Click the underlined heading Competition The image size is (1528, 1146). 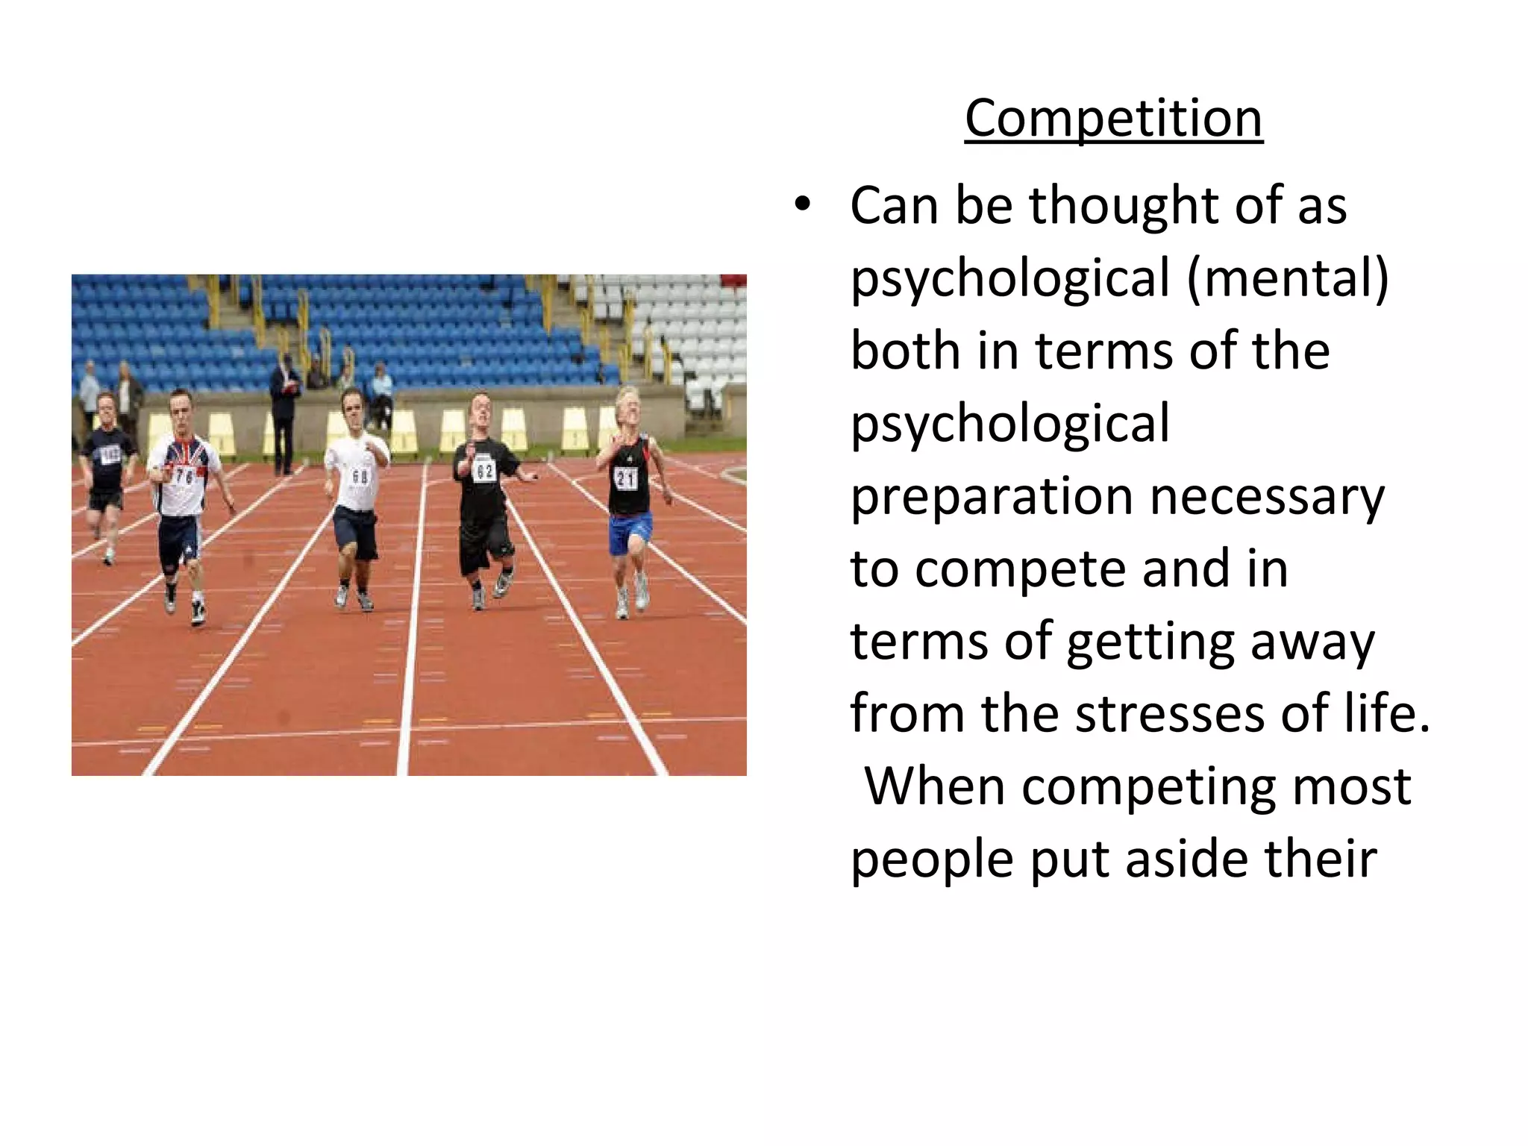coord(1113,119)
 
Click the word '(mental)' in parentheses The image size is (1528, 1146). coord(1288,278)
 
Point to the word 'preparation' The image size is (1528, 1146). coord(992,496)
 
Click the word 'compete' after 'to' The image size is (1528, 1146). coord(1022,569)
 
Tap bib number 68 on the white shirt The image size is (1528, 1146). coord(360,475)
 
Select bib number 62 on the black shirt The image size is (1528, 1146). coord(485,470)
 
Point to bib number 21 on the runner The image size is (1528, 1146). coord(625,477)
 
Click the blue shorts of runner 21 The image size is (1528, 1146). coord(630,533)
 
